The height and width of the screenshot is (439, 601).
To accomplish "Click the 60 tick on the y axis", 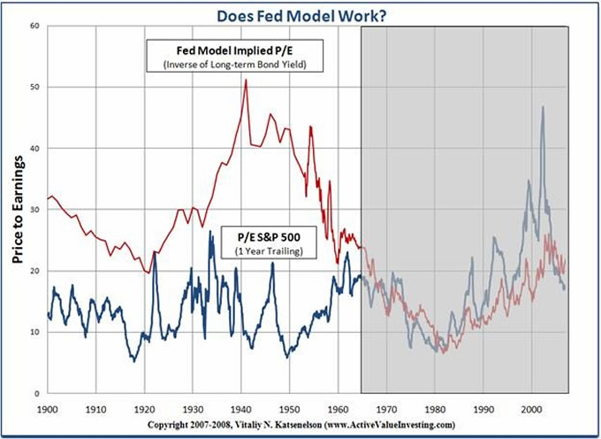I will point(34,26).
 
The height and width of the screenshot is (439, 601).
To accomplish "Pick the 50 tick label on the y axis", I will point(34,87).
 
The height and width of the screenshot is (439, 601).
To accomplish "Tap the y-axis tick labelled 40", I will point(34,148).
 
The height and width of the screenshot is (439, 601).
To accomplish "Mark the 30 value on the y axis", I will point(34,210).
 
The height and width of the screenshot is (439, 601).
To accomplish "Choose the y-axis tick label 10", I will point(34,332).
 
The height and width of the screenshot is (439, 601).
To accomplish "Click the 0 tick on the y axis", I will point(37,393).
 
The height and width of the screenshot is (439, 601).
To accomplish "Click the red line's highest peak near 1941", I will point(246,81).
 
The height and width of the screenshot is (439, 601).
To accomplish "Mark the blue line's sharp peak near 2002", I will point(543,107).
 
